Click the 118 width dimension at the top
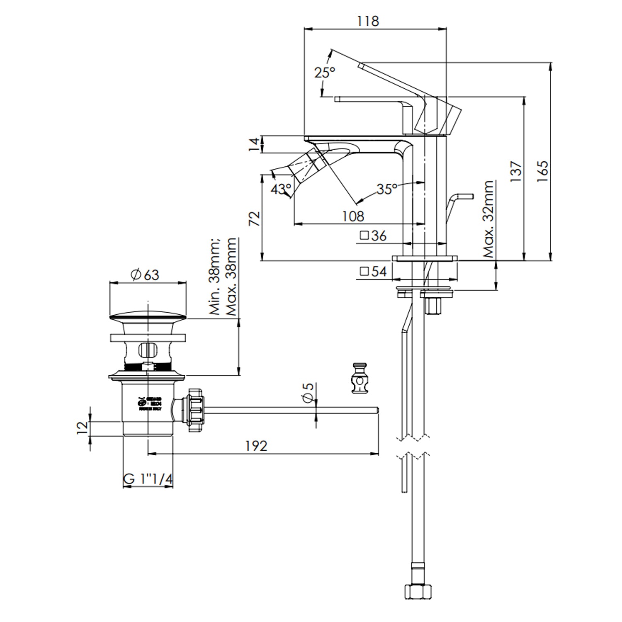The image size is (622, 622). (x=368, y=21)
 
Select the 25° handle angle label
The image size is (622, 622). (x=324, y=73)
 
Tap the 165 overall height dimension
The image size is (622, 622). (x=542, y=170)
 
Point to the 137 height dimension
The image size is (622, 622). (x=516, y=172)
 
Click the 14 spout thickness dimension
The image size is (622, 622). (x=254, y=144)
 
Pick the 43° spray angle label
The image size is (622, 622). (x=281, y=190)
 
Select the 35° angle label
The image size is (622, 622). (x=386, y=189)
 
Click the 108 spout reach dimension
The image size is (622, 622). (x=353, y=216)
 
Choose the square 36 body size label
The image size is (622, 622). (x=373, y=236)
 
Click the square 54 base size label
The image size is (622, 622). (x=373, y=272)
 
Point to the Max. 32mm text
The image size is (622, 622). (x=489, y=219)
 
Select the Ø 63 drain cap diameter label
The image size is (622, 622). (x=145, y=275)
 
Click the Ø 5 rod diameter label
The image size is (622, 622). (x=308, y=392)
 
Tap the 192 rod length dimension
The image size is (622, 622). (x=256, y=446)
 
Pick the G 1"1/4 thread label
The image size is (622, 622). (x=148, y=479)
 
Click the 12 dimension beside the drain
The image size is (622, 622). (x=83, y=427)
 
